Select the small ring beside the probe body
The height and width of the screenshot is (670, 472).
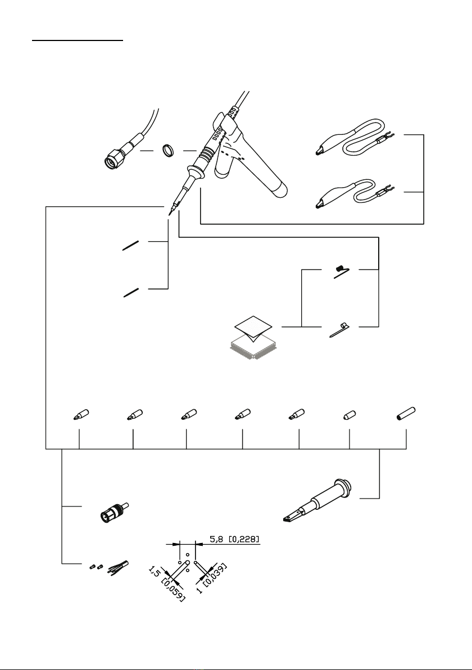point(167,151)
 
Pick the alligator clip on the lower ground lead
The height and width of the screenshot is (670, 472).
point(329,199)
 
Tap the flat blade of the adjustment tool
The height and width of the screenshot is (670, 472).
point(293,515)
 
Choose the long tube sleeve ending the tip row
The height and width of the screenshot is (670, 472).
point(406,414)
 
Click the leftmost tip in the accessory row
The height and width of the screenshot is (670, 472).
point(81,414)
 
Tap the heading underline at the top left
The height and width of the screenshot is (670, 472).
point(78,40)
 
